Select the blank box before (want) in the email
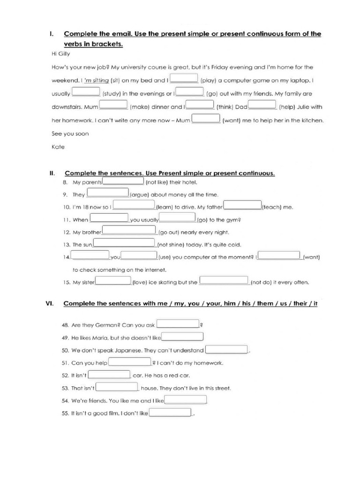pyautogui.click(x=206, y=119)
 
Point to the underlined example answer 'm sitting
pyautogui.click(x=96, y=80)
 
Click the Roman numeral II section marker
pyautogui.click(x=52, y=173)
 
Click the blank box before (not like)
pyautogui.click(x=123, y=181)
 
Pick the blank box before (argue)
pyautogui.click(x=108, y=193)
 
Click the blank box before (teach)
pyautogui.click(x=242, y=205)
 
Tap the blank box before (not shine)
pyautogui.click(x=124, y=243)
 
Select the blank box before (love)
pyautogui.click(x=113, y=281)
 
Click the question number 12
pyautogui.click(x=66, y=232)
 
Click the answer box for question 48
pyautogui.click(x=178, y=323)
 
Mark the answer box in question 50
pyautogui.click(x=227, y=349)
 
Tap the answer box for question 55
pyautogui.click(x=170, y=413)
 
